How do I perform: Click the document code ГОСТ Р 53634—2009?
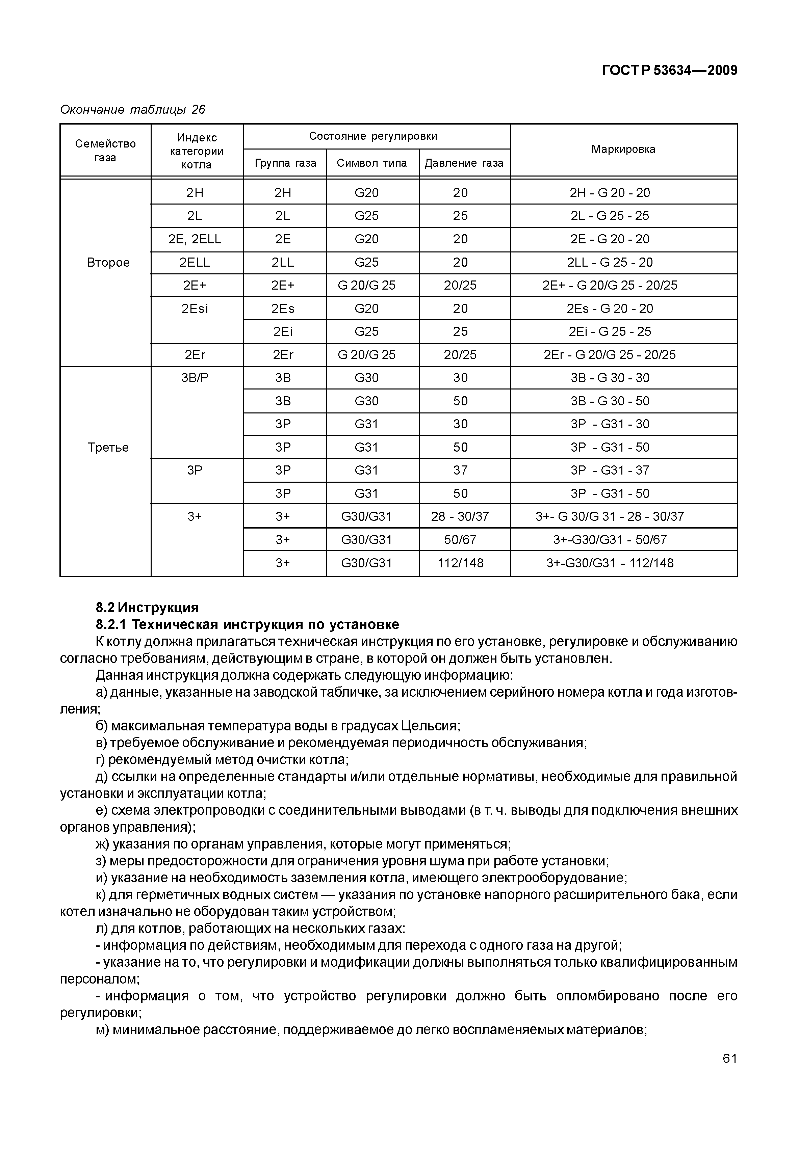(x=669, y=71)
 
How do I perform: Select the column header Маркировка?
(x=623, y=150)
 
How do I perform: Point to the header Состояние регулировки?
(x=373, y=136)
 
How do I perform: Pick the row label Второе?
(x=108, y=263)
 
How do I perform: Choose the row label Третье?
(x=108, y=448)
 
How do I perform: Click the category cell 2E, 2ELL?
(x=195, y=239)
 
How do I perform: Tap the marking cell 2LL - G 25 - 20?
(x=610, y=263)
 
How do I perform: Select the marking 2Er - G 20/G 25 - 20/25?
(x=610, y=355)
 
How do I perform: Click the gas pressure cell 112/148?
(x=461, y=564)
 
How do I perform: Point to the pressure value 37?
(x=461, y=471)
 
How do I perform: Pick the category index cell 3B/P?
(x=195, y=378)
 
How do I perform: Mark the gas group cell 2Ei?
(x=283, y=332)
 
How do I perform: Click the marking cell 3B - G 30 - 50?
(x=610, y=401)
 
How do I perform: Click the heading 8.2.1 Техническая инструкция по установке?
(x=248, y=625)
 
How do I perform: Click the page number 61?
(x=729, y=1058)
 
